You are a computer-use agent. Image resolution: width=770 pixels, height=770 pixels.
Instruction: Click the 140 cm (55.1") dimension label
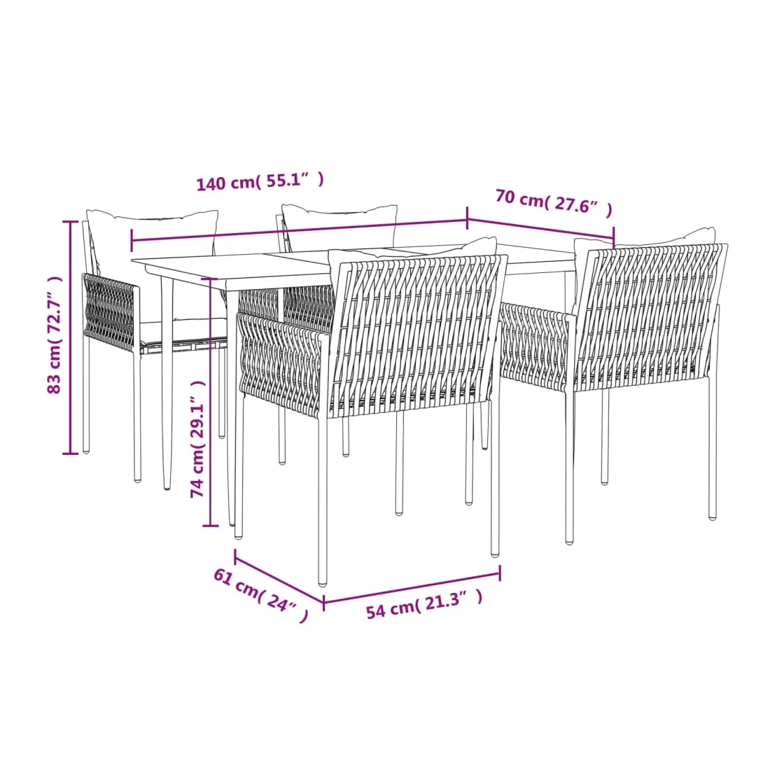(260, 181)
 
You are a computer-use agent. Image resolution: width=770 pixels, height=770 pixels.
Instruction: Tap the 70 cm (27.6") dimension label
(554, 202)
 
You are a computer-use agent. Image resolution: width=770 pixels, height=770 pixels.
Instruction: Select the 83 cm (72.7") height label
(55, 335)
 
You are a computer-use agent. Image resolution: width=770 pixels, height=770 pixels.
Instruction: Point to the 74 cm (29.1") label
(198, 438)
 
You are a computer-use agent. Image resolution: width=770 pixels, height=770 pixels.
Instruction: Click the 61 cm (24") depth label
(261, 595)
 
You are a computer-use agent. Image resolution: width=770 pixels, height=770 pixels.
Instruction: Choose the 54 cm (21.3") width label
(424, 605)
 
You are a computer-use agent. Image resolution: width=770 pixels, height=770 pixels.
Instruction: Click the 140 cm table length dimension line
(300, 230)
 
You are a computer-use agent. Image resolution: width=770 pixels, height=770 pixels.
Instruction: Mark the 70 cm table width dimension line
(540, 230)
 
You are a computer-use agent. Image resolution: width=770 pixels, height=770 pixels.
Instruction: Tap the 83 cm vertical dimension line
(71, 337)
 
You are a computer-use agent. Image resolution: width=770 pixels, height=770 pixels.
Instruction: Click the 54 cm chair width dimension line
(412, 587)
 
